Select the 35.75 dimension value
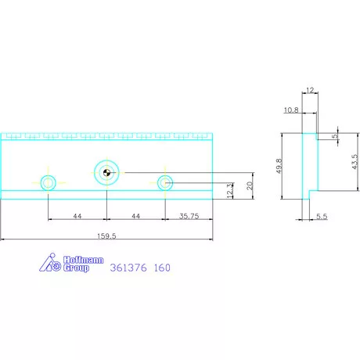point(188,215)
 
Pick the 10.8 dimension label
point(292,110)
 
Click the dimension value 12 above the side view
point(311,92)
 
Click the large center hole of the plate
point(106,172)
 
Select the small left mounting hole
point(49,183)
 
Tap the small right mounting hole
point(164,183)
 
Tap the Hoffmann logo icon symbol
point(49,264)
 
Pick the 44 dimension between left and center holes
point(77,215)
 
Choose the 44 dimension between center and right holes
point(135,215)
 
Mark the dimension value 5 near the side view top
point(335,136)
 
